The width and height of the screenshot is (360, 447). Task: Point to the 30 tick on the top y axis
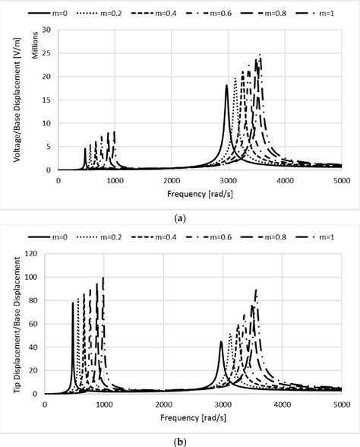(x=46, y=30)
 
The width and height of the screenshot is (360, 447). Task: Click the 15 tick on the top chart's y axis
(x=46, y=100)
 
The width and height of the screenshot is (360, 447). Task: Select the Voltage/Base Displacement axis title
(x=17, y=99)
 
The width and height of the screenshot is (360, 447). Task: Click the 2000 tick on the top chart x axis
(x=172, y=180)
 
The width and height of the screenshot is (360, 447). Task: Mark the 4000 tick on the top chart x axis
(x=285, y=180)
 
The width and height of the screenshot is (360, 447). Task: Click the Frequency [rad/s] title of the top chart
(x=200, y=193)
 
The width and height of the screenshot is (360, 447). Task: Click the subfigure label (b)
(x=179, y=439)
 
